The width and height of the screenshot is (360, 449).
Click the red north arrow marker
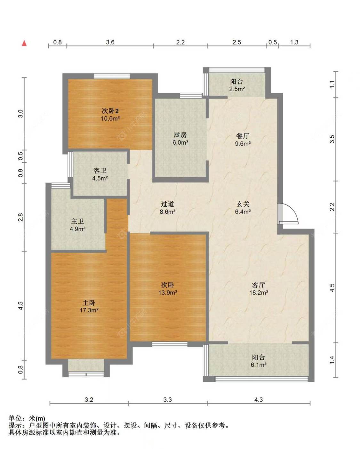24,43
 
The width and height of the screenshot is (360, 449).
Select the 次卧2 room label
110,111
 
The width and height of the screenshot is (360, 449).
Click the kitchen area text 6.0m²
180,143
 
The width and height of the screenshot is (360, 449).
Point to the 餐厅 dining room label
243,136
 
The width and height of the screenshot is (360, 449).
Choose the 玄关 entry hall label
243,204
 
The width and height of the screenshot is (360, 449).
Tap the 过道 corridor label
167,204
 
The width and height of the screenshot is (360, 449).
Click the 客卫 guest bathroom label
100,171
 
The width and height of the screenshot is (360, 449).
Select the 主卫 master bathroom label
77,221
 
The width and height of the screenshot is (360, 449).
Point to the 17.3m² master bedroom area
89,310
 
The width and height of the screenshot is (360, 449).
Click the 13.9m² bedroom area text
168,293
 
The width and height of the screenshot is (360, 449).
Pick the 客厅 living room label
259,285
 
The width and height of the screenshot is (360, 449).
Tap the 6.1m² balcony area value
259,365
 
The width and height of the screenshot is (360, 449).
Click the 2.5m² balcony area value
237,89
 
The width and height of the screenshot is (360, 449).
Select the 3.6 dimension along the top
110,42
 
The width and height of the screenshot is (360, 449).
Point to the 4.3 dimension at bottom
258,399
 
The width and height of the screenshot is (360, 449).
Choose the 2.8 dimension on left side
20,217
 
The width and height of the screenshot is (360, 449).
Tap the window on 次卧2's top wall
112,76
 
